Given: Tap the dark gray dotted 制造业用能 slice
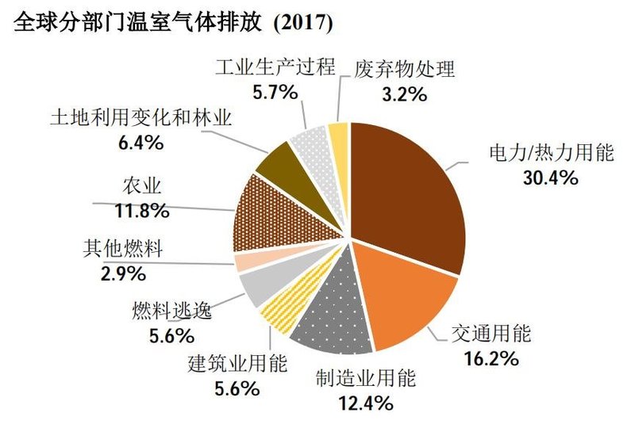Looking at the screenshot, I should coord(333,321).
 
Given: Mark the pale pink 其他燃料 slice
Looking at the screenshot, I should coord(247,262).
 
